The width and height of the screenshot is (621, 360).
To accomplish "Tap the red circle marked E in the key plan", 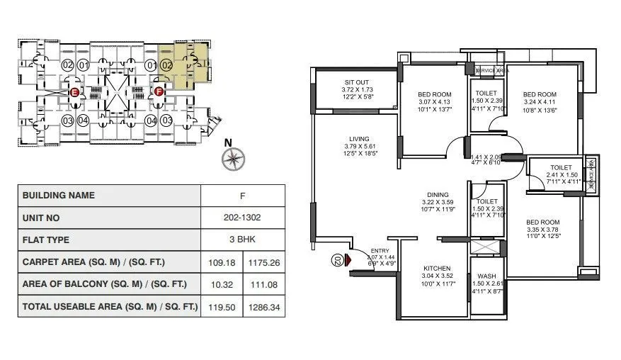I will click(x=74, y=91).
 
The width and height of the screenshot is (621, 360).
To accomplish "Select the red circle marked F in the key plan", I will click(x=159, y=91).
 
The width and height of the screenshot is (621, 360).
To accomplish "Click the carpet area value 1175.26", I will click(x=264, y=262).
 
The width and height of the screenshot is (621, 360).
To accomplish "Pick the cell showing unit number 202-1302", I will click(x=243, y=218).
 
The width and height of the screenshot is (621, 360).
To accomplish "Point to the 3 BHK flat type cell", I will click(x=243, y=240).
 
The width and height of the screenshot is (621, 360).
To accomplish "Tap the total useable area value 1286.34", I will click(x=264, y=307).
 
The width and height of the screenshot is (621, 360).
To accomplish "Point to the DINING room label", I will click(x=437, y=194).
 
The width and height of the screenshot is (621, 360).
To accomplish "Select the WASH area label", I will click(x=486, y=276).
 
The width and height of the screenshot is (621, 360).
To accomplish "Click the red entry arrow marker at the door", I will click(x=348, y=260).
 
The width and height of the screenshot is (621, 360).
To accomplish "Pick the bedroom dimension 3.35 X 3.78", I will click(x=543, y=230).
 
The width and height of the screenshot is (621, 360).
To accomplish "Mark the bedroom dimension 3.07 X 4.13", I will click(x=433, y=102).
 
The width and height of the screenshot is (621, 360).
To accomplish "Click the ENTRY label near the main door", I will click(x=380, y=250).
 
